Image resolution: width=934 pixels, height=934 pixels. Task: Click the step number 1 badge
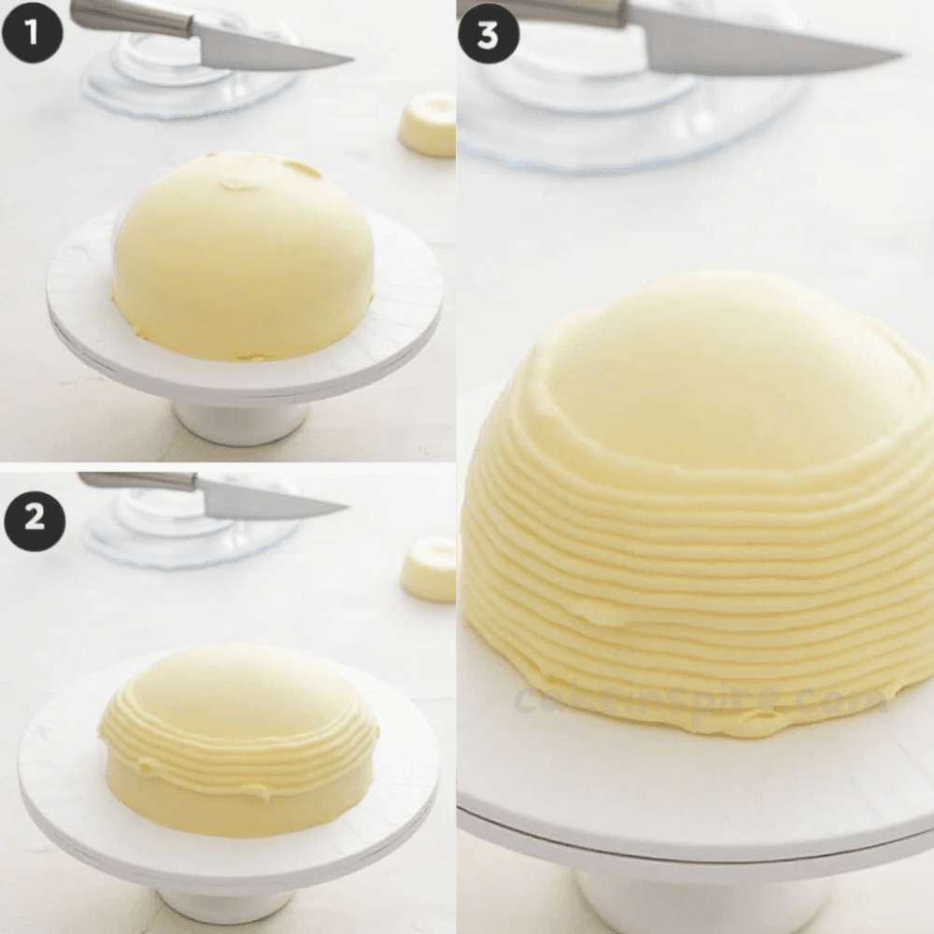[32, 33]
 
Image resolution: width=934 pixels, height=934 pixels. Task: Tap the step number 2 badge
[35, 517]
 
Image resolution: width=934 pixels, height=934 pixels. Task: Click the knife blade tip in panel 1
[354, 60]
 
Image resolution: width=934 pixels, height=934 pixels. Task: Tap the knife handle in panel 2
[138, 482]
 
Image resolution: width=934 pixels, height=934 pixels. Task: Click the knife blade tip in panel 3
[900, 55]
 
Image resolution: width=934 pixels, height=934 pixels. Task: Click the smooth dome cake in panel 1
[244, 256]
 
